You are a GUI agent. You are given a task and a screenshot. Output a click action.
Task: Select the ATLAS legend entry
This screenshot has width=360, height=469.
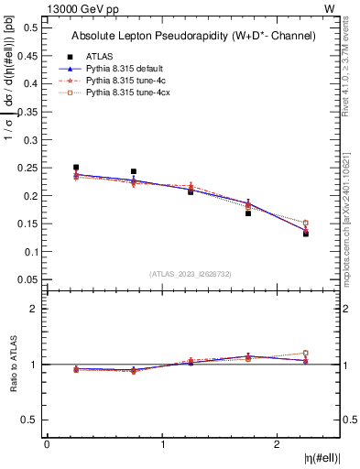coord(100,56)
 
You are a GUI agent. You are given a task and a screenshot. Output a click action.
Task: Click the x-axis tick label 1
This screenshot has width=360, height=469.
coord(163,444)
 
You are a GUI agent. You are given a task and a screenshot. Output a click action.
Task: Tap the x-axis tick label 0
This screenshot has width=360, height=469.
coord(47,444)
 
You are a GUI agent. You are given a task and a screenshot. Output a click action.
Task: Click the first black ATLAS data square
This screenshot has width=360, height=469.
coord(76,168)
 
